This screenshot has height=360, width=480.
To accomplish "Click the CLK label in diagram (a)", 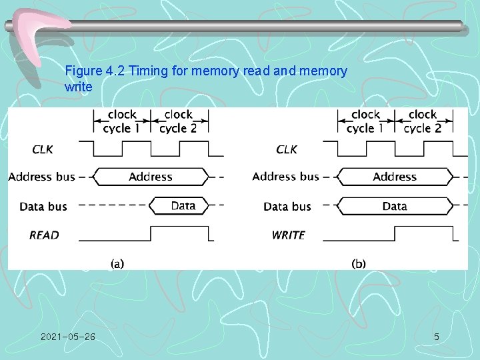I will [43, 149].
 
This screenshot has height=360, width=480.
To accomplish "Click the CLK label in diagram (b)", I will [287, 149].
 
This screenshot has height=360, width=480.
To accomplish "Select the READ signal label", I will [44, 235].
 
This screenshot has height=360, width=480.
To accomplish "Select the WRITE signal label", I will [288, 235].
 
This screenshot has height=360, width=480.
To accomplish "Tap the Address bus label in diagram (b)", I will [285, 177].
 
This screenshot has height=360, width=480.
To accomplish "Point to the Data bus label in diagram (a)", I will [43, 207].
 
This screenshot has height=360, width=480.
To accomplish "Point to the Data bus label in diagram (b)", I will [287, 207].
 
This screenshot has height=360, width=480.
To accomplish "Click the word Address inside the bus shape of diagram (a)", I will [151, 177].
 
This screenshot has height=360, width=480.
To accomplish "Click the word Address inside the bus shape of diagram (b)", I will [395, 177].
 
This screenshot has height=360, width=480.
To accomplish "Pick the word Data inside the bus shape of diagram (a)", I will [183, 206].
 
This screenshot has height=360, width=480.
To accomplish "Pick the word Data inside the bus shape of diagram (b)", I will [395, 207].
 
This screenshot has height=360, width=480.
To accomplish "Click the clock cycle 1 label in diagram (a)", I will [122, 121].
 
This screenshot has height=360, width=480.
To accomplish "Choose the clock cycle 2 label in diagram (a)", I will [178, 121].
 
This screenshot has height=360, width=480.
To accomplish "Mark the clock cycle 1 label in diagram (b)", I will [365, 121].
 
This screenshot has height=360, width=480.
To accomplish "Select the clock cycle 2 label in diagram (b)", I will [423, 121].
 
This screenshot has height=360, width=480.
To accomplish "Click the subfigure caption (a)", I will [117, 263].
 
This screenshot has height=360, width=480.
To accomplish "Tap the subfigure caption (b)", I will [359, 263].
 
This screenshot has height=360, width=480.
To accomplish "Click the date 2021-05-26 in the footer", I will [67, 337].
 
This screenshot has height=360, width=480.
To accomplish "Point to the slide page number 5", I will [436, 337].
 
